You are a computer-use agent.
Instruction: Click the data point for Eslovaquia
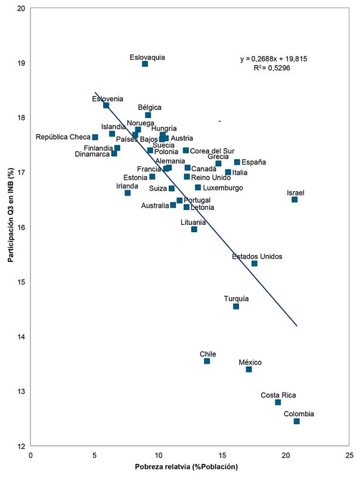(x=145, y=64)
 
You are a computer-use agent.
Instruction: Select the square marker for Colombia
(x=296, y=422)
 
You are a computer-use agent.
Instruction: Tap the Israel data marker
(x=294, y=200)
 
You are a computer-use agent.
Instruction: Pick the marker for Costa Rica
(x=278, y=402)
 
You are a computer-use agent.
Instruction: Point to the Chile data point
(x=207, y=361)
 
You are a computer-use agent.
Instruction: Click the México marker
(x=249, y=370)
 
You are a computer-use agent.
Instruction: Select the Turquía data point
(x=236, y=306)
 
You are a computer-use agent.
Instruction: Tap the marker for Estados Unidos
(x=255, y=264)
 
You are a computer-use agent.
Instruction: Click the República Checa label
(x=63, y=137)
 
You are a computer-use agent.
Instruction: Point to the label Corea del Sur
(x=212, y=151)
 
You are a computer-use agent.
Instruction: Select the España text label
(x=254, y=162)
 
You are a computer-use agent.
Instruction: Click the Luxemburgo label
(x=223, y=188)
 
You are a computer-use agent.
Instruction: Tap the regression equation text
(x=274, y=59)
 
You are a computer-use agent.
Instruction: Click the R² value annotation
(x=274, y=68)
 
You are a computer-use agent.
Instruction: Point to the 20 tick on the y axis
(x=21, y=9)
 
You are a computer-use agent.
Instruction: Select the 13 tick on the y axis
(x=21, y=392)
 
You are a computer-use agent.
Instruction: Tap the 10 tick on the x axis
(x=158, y=455)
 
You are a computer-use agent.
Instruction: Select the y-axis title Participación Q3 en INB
(x=10, y=224)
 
